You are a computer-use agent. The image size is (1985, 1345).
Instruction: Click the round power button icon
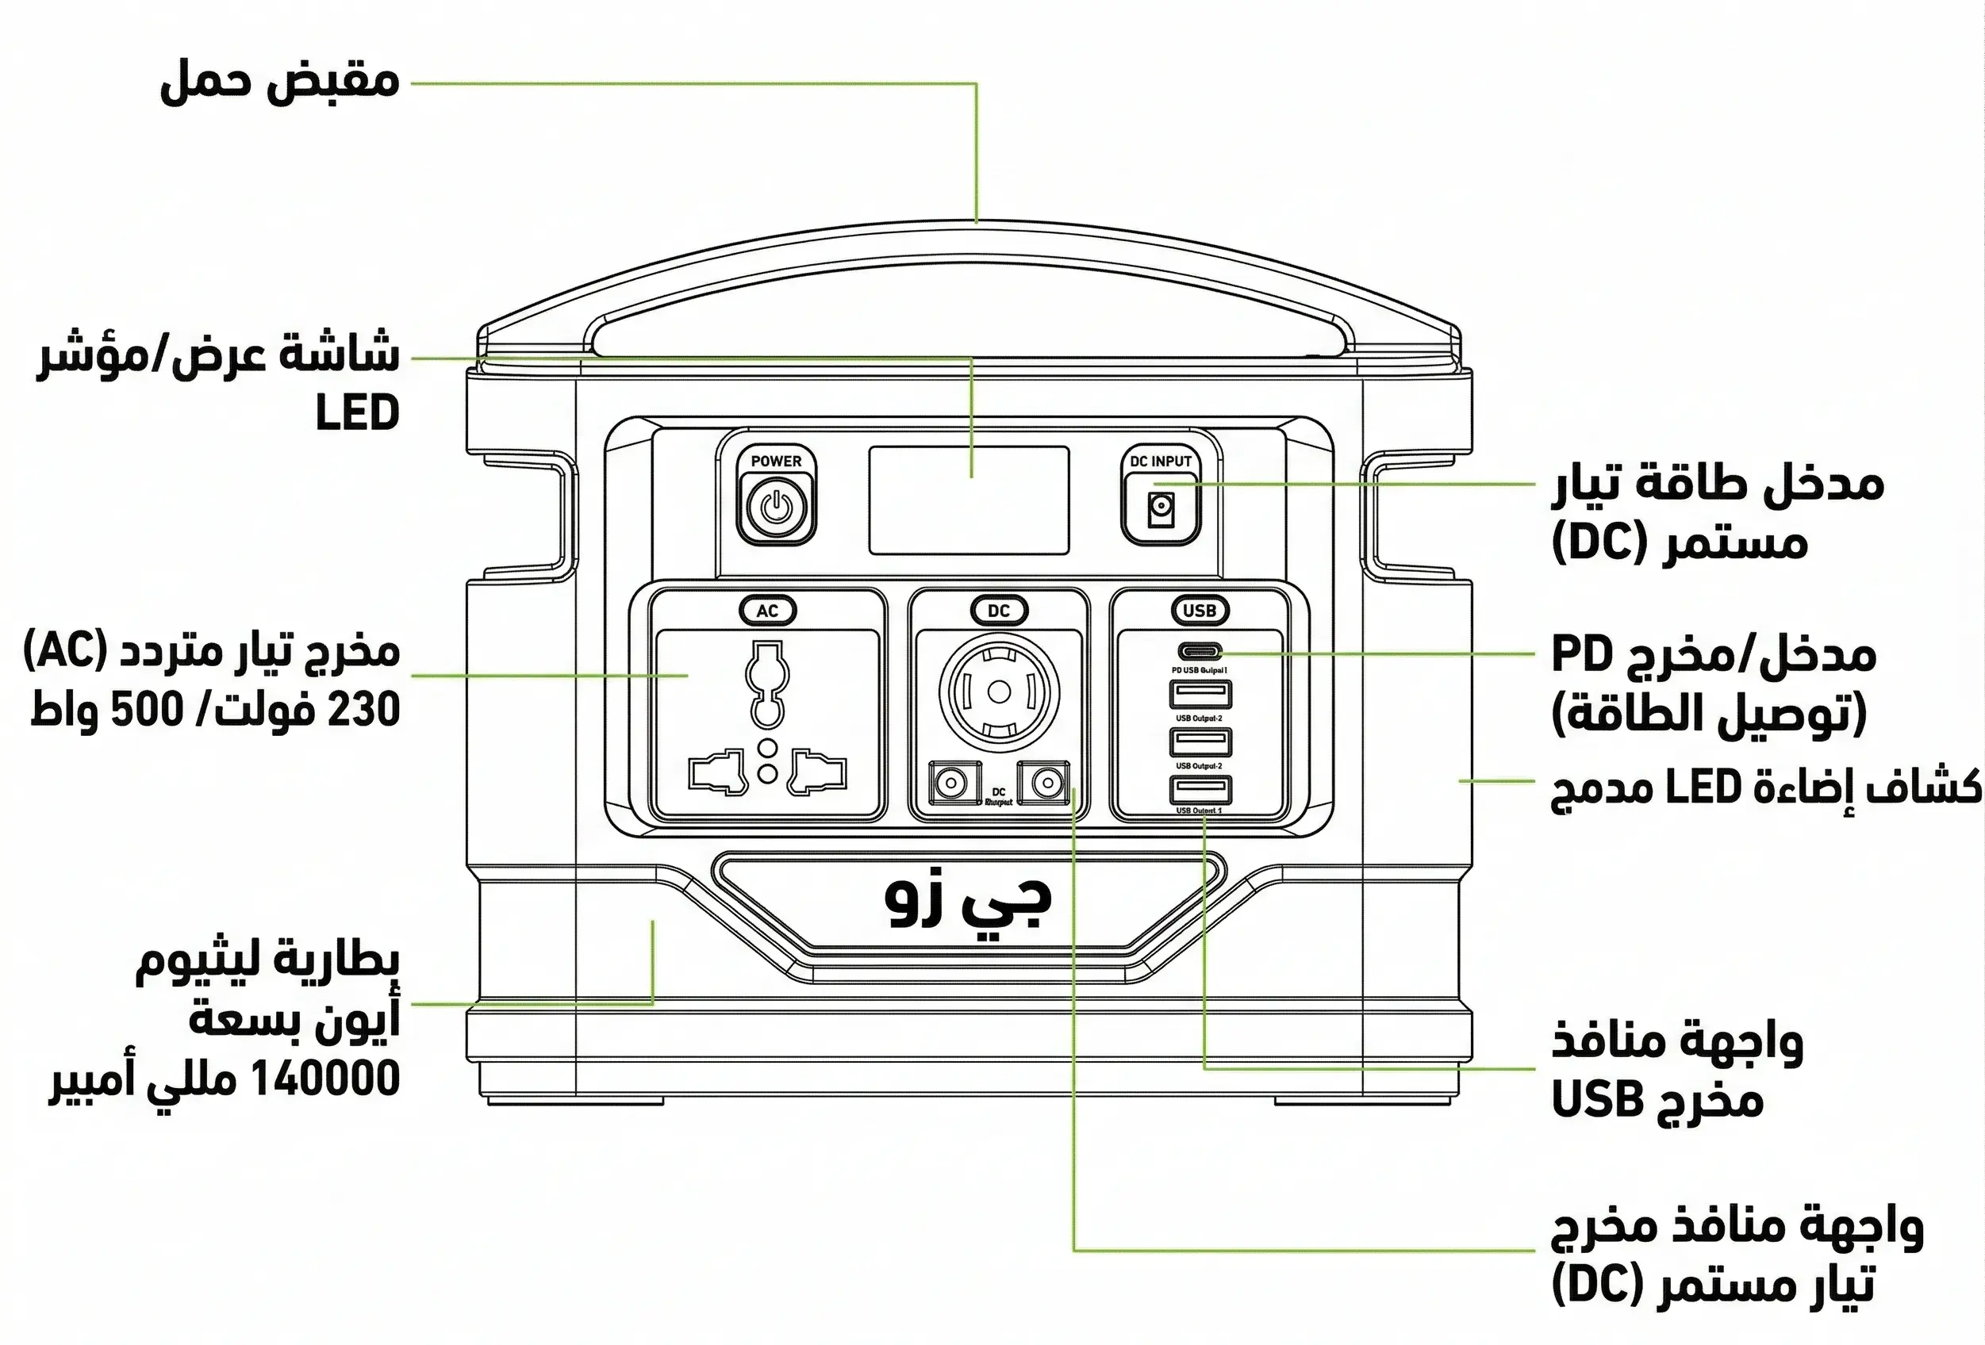pyautogui.click(x=776, y=508)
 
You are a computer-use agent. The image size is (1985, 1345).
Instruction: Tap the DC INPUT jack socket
pyautogui.click(x=1159, y=509)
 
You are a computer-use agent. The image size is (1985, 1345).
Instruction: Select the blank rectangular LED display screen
pyautogui.click(x=969, y=500)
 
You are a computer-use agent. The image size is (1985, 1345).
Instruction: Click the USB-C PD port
pyautogui.click(x=1200, y=653)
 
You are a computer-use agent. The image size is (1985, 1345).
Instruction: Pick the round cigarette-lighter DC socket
pyautogui.click(x=999, y=692)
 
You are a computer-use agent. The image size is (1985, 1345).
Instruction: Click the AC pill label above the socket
pyautogui.click(x=767, y=611)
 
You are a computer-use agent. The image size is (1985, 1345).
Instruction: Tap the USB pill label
pyautogui.click(x=1200, y=611)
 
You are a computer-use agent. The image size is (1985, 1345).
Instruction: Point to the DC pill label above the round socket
pyautogui.click(x=999, y=611)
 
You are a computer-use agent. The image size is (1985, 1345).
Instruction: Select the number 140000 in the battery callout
pyautogui.click(x=326, y=1079)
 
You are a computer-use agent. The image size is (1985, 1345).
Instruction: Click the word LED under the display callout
pyautogui.click(x=357, y=413)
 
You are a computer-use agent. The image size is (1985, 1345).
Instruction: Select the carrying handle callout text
pyautogui.click(x=279, y=82)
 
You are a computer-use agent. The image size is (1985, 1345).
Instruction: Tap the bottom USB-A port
pyautogui.click(x=1200, y=789)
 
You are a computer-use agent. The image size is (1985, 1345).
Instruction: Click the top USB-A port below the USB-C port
pyautogui.click(x=1200, y=694)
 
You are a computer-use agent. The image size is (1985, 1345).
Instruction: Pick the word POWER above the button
pyautogui.click(x=776, y=461)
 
